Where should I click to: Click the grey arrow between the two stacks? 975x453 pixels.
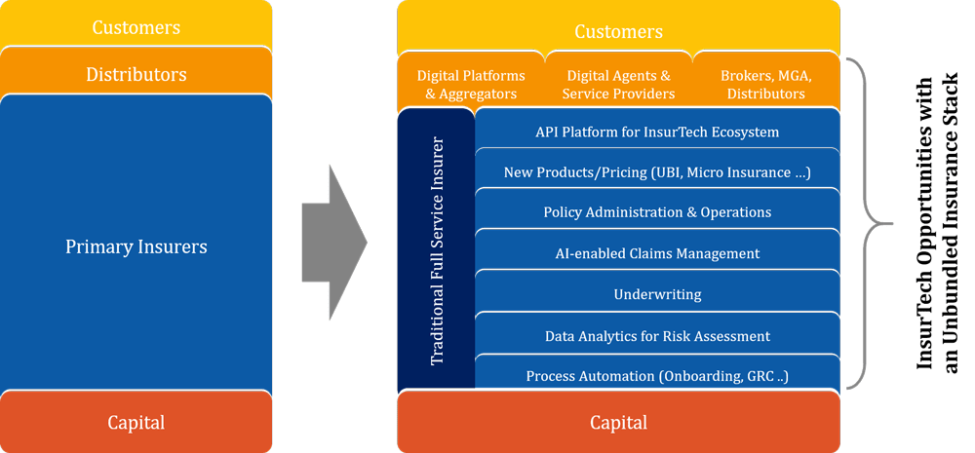(x=333, y=243)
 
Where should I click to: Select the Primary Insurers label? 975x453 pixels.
(x=136, y=246)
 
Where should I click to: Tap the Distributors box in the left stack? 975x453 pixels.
(x=136, y=73)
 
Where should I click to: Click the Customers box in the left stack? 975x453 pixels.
(x=136, y=25)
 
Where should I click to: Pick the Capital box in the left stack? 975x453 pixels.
(x=136, y=422)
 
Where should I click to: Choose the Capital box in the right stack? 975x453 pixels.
(x=619, y=422)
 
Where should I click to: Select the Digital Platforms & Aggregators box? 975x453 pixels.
(x=471, y=83)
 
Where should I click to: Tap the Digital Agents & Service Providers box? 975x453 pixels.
(x=619, y=83)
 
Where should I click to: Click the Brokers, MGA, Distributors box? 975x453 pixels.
(x=766, y=83)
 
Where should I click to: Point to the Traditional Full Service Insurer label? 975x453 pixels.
(x=437, y=250)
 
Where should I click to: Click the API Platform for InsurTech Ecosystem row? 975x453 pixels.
(x=657, y=131)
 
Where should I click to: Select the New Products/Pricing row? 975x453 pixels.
(x=657, y=170)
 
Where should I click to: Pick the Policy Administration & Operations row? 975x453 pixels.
(x=657, y=211)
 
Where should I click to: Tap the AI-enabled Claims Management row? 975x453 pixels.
(x=657, y=252)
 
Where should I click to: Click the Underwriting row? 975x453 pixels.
(x=657, y=293)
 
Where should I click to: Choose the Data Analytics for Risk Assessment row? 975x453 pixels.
(x=657, y=335)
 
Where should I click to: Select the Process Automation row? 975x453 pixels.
(x=657, y=374)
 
